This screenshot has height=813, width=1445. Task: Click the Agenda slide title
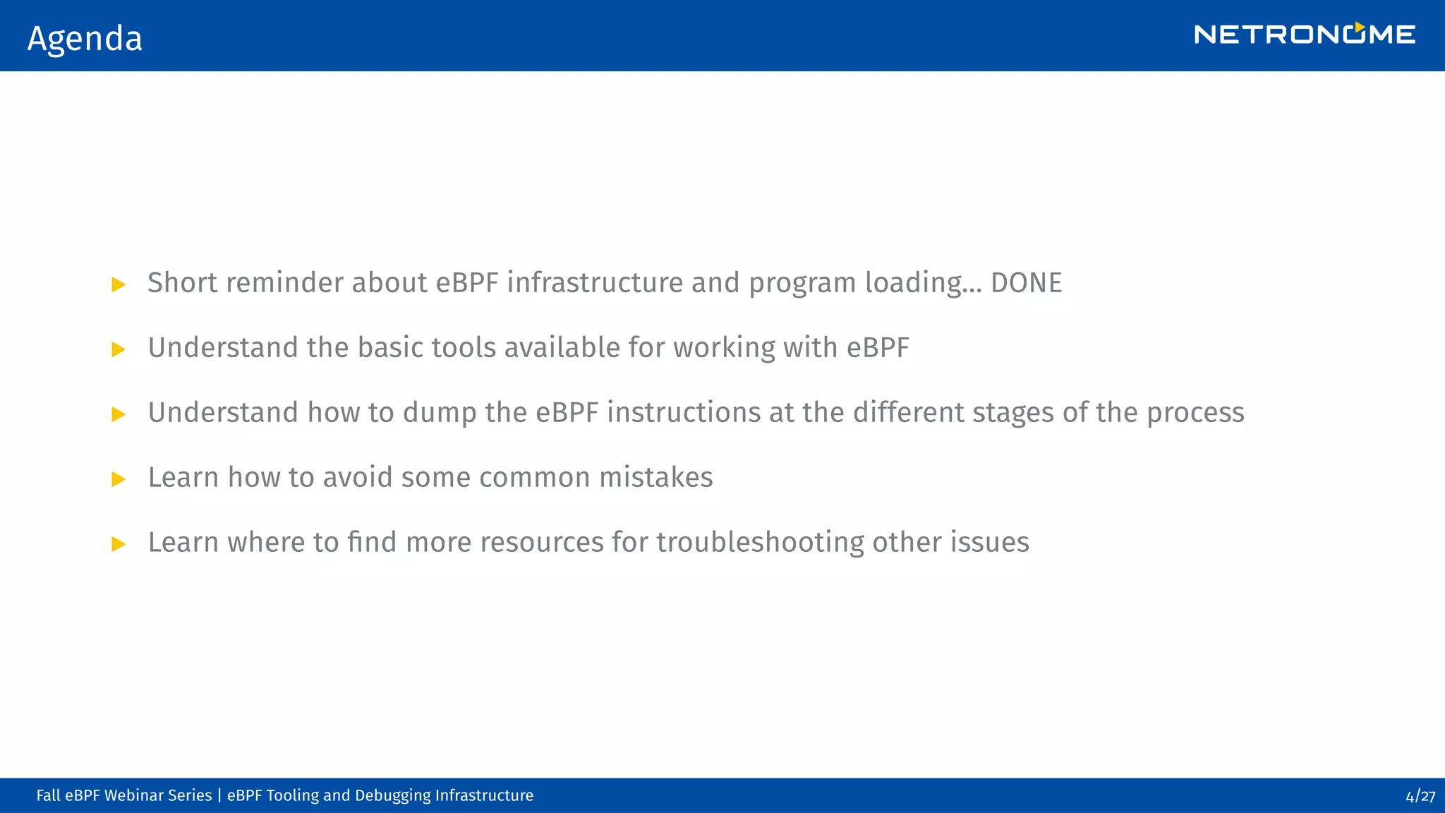point(85,38)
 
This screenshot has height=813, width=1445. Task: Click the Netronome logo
point(1304,35)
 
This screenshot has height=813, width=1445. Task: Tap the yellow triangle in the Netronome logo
point(1359,28)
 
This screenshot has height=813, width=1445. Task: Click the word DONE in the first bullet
point(1026,283)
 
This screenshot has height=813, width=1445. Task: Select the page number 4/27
point(1420,796)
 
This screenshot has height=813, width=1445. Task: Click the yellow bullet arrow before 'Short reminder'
point(119,284)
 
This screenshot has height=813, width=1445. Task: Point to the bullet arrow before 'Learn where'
point(119,544)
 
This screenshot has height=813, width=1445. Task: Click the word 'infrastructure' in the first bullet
point(595,283)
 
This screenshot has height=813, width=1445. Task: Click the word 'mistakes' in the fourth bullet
point(656,478)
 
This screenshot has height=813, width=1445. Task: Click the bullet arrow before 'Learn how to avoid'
point(119,479)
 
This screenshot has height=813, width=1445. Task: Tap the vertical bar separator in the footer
point(219,795)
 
